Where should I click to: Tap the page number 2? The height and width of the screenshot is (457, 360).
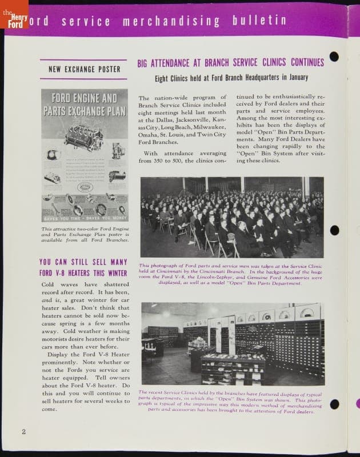click(23, 431)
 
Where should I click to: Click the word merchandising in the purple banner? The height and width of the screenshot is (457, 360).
click(173, 22)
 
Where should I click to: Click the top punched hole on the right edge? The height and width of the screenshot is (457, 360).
click(334, 57)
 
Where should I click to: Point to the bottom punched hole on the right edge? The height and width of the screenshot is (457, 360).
click(334, 404)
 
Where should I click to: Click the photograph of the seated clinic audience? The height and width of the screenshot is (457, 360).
click(232, 217)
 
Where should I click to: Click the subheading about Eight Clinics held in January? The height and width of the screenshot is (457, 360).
click(231, 78)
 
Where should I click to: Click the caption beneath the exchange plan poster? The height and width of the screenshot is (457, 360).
click(84, 234)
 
